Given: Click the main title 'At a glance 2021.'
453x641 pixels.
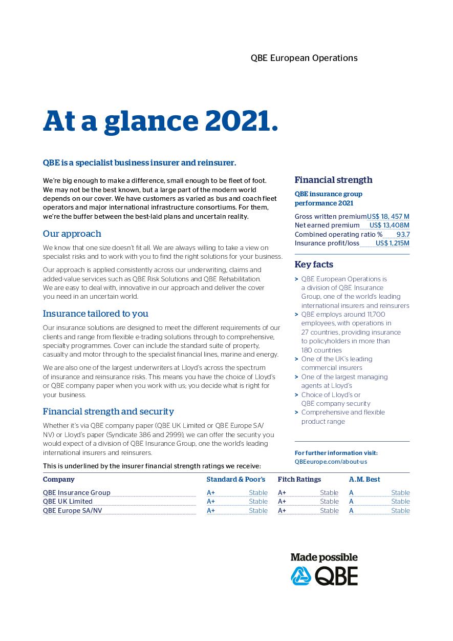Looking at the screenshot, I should [x=160, y=121].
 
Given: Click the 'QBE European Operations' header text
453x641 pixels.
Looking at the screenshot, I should [x=304, y=58].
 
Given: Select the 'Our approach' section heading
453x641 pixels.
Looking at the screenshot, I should [x=72, y=234].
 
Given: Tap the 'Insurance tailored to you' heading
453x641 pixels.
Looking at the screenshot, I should [x=95, y=314].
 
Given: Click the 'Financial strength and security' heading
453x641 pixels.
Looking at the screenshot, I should [x=108, y=411].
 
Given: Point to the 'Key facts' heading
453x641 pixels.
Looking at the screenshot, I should [x=313, y=264].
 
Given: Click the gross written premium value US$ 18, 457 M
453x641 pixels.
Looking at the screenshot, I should [x=388, y=217].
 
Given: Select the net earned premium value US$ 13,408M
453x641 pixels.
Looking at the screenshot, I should [x=389, y=225].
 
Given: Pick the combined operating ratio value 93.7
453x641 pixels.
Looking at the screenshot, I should [x=403, y=234].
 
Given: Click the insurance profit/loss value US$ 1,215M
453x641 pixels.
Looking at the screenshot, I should [x=392, y=243].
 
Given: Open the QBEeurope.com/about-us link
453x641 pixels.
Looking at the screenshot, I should [x=331, y=462].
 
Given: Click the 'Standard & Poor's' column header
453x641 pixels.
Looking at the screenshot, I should [x=235, y=480].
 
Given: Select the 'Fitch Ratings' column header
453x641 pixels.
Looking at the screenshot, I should [x=299, y=480].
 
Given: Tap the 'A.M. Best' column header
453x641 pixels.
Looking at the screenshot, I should [x=364, y=480].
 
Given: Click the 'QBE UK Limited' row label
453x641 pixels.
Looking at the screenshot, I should [x=68, y=502].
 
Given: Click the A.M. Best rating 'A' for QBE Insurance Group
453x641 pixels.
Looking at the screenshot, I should [x=351, y=493].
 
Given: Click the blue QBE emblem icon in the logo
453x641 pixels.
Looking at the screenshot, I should [x=300, y=576].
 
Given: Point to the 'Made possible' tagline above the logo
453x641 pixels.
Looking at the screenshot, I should [x=323, y=557].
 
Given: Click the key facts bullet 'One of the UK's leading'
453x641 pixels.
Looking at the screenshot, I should [x=336, y=359].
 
